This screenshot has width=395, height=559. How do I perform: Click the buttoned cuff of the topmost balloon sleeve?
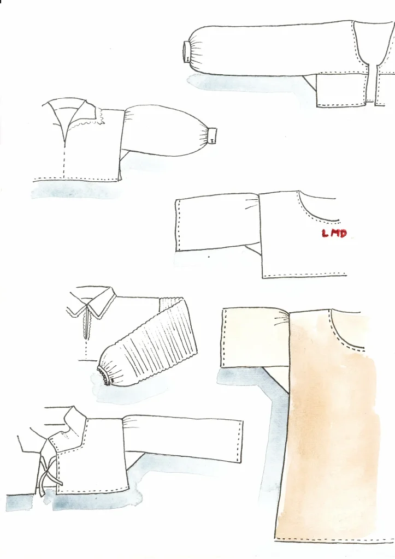point(187,52)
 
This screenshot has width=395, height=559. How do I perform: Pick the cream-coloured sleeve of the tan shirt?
point(257,338)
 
